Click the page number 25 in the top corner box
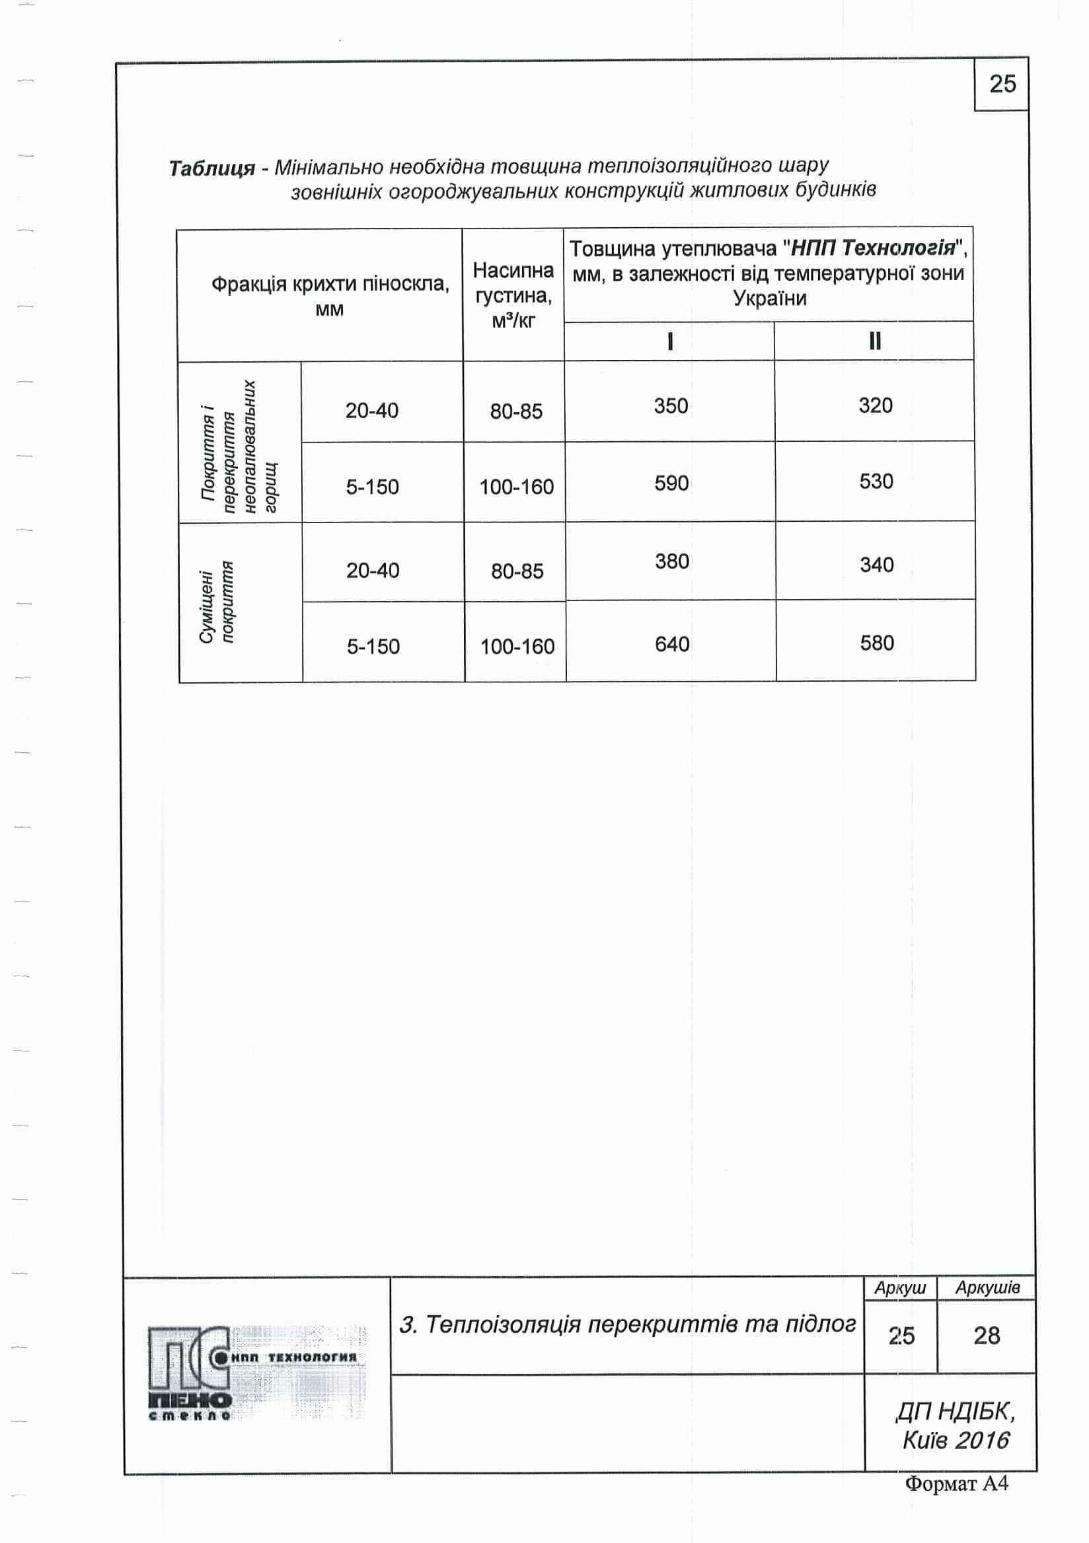(x=1002, y=84)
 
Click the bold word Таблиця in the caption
(x=211, y=168)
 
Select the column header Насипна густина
(x=513, y=296)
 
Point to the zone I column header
(x=669, y=341)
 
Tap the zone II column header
(x=874, y=341)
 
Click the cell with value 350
(x=671, y=406)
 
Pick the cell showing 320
(x=876, y=406)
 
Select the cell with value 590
(x=671, y=484)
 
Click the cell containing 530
(x=876, y=481)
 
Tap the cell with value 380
(x=672, y=561)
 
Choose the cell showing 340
(x=877, y=565)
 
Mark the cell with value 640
(x=672, y=645)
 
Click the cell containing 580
(x=877, y=643)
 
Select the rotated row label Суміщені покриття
(x=217, y=603)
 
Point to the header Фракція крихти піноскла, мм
(x=329, y=296)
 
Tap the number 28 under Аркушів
(x=986, y=1336)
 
